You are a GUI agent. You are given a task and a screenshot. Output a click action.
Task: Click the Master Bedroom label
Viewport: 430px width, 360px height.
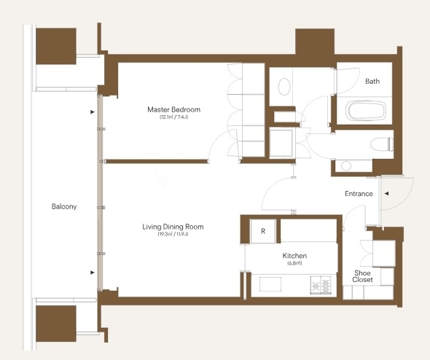point(174,109)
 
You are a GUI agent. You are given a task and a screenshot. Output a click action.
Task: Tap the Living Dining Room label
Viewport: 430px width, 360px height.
point(173,227)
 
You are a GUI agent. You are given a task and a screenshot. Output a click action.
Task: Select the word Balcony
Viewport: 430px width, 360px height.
point(64,206)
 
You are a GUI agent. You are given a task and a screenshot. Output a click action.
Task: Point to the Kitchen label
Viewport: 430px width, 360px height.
point(294,256)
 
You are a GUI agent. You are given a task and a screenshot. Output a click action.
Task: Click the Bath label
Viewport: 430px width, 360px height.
point(372,81)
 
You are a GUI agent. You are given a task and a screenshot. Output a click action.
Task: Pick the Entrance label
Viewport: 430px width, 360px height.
point(359,194)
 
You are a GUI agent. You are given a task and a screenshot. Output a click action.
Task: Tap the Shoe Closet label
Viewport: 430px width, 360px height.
point(362,276)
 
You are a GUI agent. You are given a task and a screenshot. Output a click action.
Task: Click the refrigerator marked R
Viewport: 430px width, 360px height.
point(263,231)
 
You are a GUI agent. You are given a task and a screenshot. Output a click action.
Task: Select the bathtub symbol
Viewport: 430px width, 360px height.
point(366,111)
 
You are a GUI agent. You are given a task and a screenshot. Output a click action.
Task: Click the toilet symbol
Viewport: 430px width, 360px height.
point(382,144)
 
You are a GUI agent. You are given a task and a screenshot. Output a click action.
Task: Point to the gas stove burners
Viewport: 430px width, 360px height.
point(321,285)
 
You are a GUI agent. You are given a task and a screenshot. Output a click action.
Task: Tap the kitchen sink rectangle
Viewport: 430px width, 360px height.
point(270,284)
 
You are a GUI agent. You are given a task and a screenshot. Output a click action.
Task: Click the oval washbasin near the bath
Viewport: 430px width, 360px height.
point(284,87)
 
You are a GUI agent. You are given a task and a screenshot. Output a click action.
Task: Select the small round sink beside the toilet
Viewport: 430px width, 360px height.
point(346,166)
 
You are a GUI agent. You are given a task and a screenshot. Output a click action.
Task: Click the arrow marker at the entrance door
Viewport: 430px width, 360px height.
point(386,194)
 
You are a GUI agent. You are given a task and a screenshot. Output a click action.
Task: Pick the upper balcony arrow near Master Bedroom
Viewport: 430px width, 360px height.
point(93,112)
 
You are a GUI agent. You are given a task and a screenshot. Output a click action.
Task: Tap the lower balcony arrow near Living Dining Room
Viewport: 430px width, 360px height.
point(93,273)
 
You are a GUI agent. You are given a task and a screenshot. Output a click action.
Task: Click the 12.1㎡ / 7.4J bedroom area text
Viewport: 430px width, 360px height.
point(174,117)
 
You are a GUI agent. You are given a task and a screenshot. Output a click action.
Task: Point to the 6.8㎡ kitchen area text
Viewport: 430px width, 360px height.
point(294,263)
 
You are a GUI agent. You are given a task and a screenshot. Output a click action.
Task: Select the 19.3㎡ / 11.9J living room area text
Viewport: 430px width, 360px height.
point(173,234)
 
